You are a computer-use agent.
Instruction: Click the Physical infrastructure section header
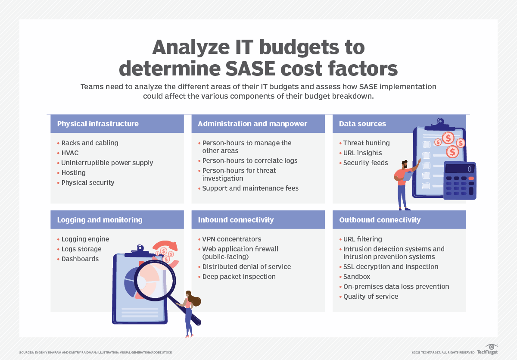pos(98,124)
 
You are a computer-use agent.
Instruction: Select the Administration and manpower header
pos(252,124)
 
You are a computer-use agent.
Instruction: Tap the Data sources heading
pos(362,124)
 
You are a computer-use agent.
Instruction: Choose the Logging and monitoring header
pos(100,220)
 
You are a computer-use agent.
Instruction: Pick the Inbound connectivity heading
pos(236,220)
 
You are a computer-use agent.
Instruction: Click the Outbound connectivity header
pos(380,220)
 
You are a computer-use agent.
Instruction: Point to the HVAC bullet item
pos(70,153)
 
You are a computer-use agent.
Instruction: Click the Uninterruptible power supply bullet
pos(107,163)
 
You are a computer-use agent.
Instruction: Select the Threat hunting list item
pos(366,143)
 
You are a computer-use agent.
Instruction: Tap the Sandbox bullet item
pos(357,277)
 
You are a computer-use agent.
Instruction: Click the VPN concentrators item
pos(232,239)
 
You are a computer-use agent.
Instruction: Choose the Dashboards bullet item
pos(80,259)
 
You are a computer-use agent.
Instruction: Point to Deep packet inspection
pos(239,277)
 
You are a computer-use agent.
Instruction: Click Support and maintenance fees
pos(250,188)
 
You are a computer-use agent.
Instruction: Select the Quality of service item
pos(371,297)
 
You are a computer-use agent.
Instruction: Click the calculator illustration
pos(460,181)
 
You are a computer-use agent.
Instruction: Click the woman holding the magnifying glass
pos(189,312)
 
